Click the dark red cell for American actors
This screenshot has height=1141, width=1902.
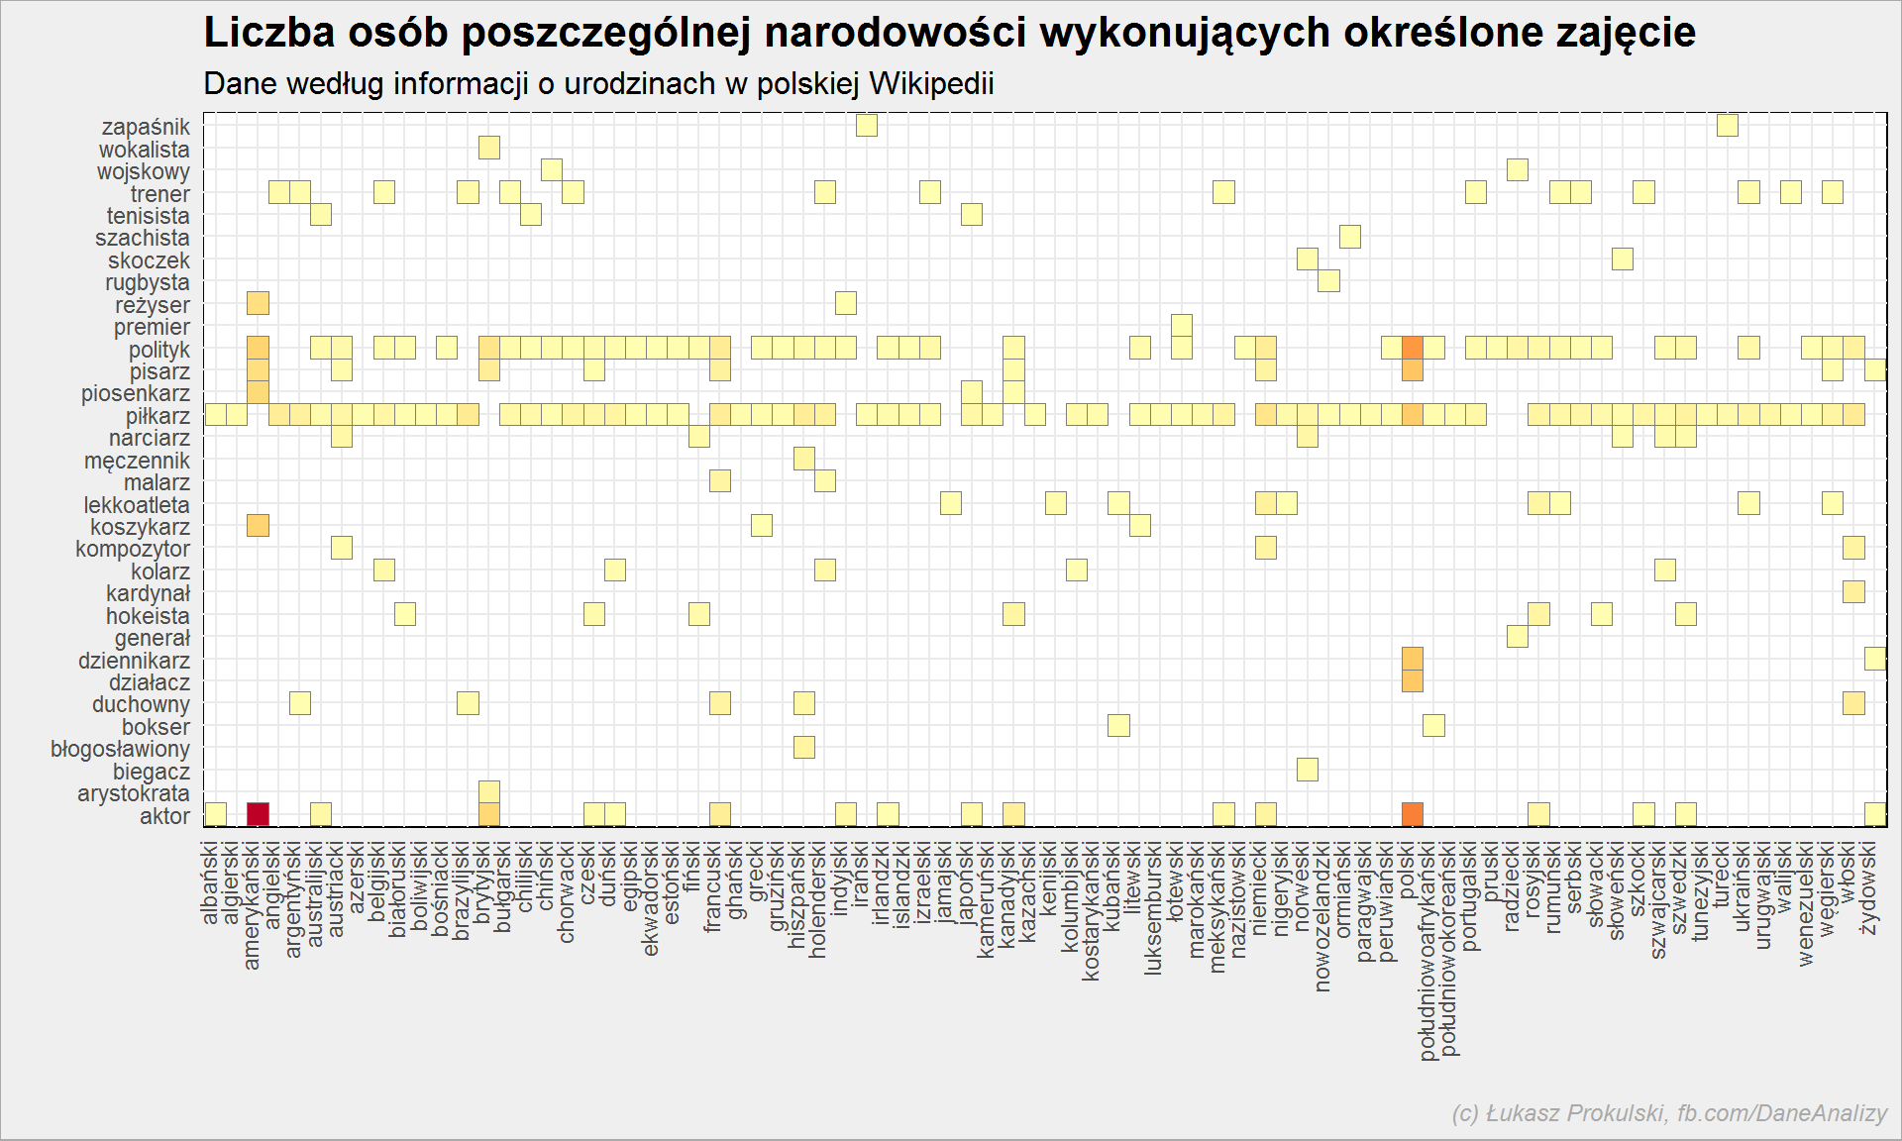point(258,814)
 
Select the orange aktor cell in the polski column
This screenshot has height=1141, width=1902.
point(1413,814)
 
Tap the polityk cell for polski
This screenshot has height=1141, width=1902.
point(1413,348)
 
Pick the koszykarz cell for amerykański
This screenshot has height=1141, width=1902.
point(258,525)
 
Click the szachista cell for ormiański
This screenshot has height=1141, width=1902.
point(1349,237)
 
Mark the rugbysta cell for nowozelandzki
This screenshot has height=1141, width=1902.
point(1328,281)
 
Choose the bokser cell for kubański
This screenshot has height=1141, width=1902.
point(1118,725)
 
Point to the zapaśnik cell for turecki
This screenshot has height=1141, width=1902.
point(1727,126)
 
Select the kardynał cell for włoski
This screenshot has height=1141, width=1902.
point(1853,592)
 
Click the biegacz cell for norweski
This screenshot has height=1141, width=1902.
point(1308,770)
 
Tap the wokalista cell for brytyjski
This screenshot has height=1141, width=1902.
point(488,148)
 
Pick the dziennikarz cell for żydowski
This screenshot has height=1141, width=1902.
point(1874,659)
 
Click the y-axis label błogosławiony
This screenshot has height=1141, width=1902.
point(120,749)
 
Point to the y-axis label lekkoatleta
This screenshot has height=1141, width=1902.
point(137,505)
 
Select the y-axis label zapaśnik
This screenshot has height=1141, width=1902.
point(146,127)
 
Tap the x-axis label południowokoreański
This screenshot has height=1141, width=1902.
point(1448,949)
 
